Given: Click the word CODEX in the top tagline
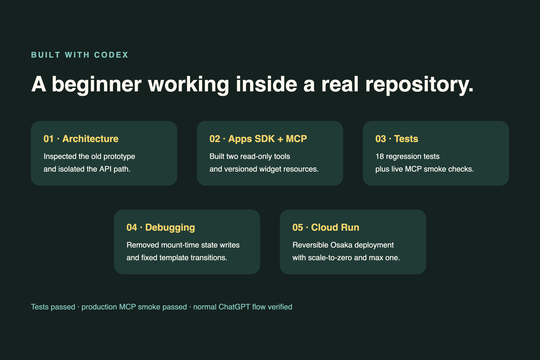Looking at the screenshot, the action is (x=111, y=55).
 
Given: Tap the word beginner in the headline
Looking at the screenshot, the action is (x=97, y=84).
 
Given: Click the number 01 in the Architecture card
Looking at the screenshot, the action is (x=49, y=139).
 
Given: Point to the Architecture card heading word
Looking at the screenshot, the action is (x=90, y=139).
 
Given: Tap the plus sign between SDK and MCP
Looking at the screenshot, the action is (x=280, y=139).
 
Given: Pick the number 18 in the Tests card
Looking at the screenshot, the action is (x=379, y=157).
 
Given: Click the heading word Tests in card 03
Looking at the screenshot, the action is (x=406, y=139).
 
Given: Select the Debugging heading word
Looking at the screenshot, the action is (x=170, y=228).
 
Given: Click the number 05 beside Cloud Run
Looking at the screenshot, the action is (x=297, y=228).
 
